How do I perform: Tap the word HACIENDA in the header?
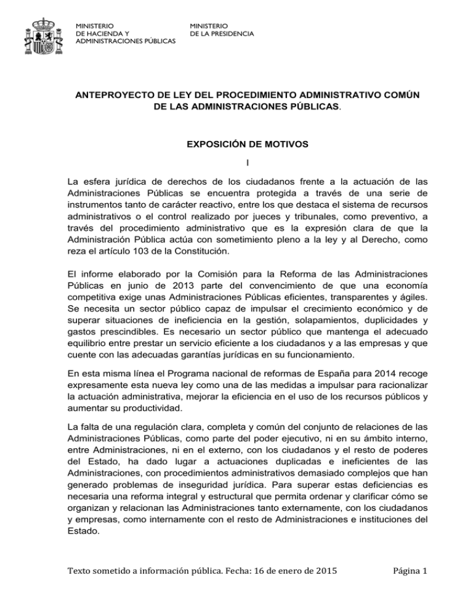[102, 33]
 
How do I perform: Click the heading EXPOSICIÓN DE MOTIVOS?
[236, 147]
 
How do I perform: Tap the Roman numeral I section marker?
[236, 163]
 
